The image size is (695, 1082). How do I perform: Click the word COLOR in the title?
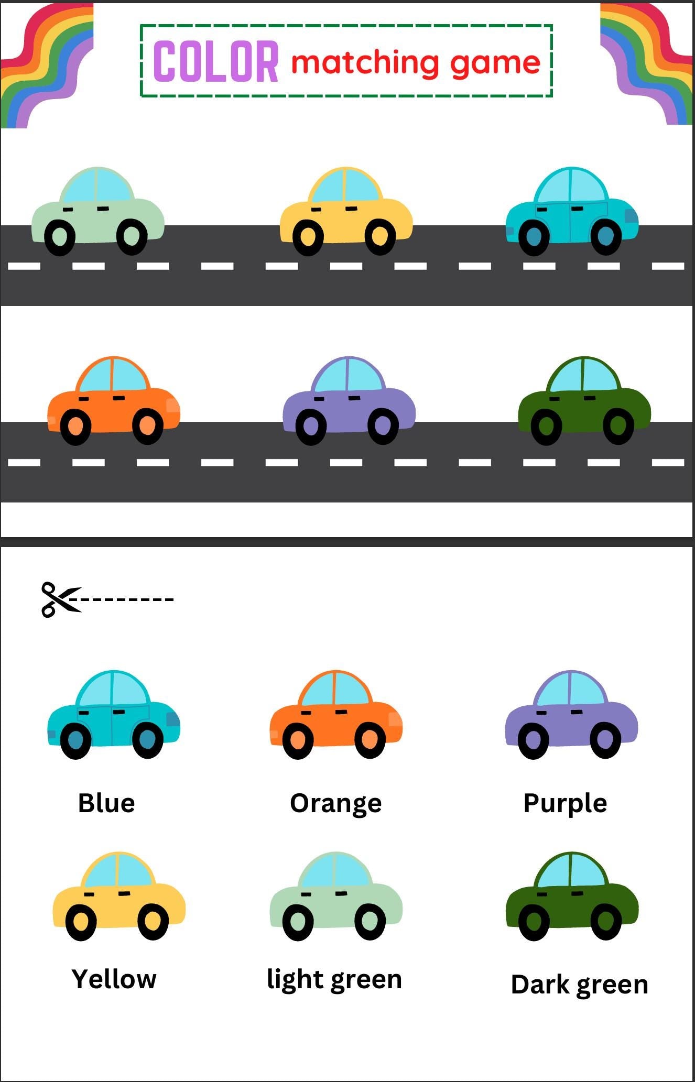click(x=215, y=61)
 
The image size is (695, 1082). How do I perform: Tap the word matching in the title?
click(x=365, y=62)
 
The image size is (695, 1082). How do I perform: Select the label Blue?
click(x=106, y=803)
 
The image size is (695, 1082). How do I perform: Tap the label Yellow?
click(x=114, y=979)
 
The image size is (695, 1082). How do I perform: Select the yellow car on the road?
click(x=346, y=211)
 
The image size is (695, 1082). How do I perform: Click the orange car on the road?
click(x=114, y=401)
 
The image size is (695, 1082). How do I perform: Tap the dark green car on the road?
click(x=584, y=401)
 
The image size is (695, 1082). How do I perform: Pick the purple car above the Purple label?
click(x=572, y=714)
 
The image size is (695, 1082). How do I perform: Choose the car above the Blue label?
click(x=114, y=714)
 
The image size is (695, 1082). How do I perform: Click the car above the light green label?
click(x=336, y=896)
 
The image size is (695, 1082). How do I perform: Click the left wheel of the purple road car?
click(x=311, y=428)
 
